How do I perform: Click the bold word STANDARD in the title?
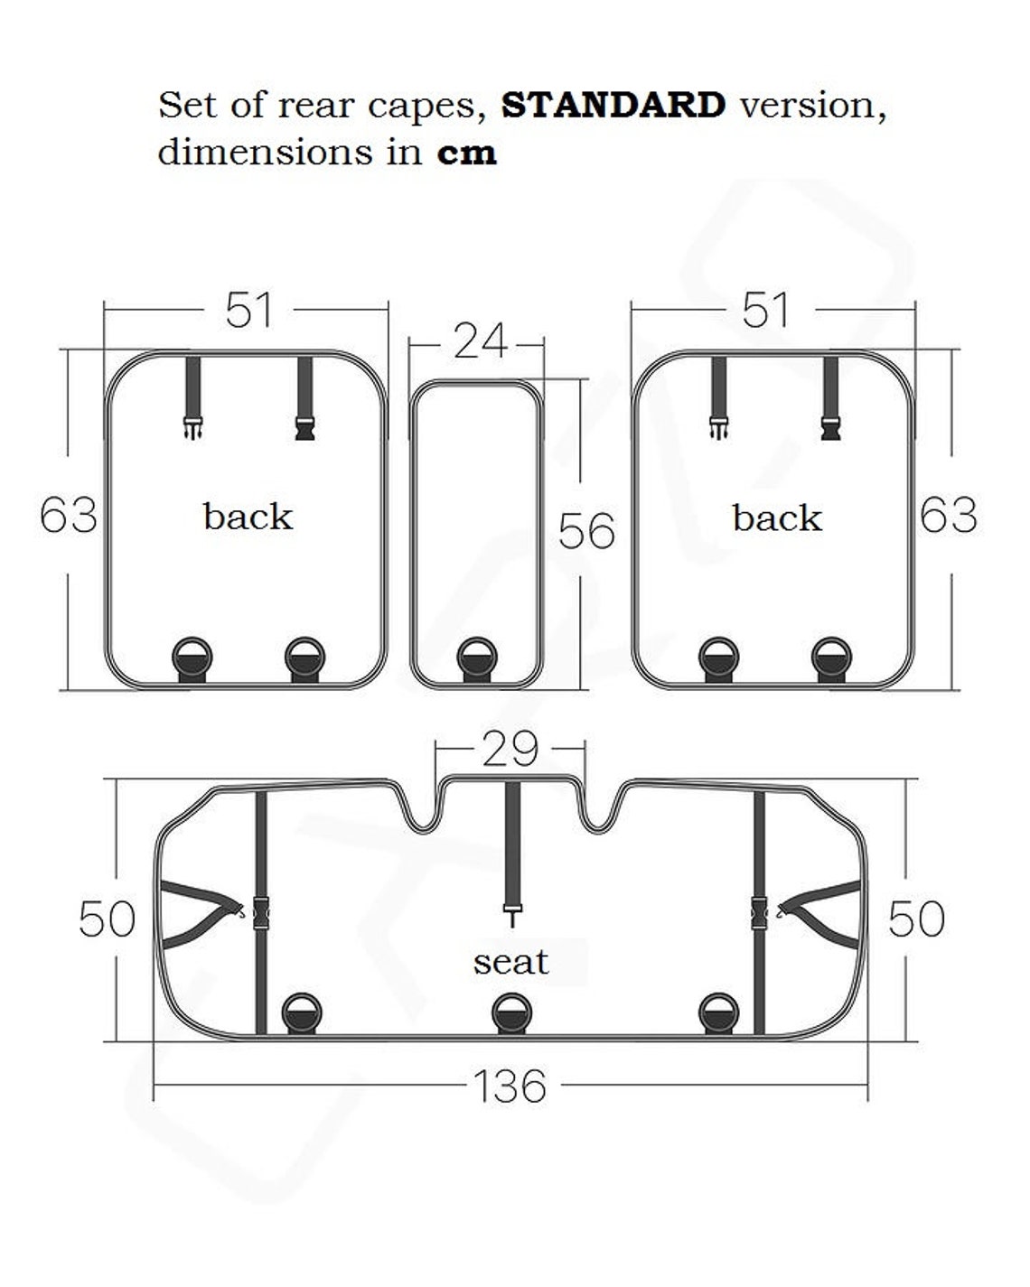(x=613, y=105)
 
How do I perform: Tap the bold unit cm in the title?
(x=466, y=152)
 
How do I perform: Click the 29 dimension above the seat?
(x=510, y=749)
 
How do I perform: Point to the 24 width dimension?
(x=480, y=341)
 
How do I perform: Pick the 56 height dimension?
(x=586, y=530)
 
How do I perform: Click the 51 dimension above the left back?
(x=248, y=310)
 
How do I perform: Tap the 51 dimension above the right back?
(x=766, y=310)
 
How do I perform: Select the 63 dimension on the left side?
(x=69, y=516)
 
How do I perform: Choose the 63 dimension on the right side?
(x=948, y=515)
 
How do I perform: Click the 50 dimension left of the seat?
(x=107, y=919)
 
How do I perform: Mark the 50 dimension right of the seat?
(x=915, y=919)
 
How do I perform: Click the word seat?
(x=510, y=962)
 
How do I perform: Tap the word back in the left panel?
(x=248, y=517)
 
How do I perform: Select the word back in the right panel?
(x=776, y=518)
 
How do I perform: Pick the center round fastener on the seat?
(x=511, y=1013)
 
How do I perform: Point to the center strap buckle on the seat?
(x=513, y=914)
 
